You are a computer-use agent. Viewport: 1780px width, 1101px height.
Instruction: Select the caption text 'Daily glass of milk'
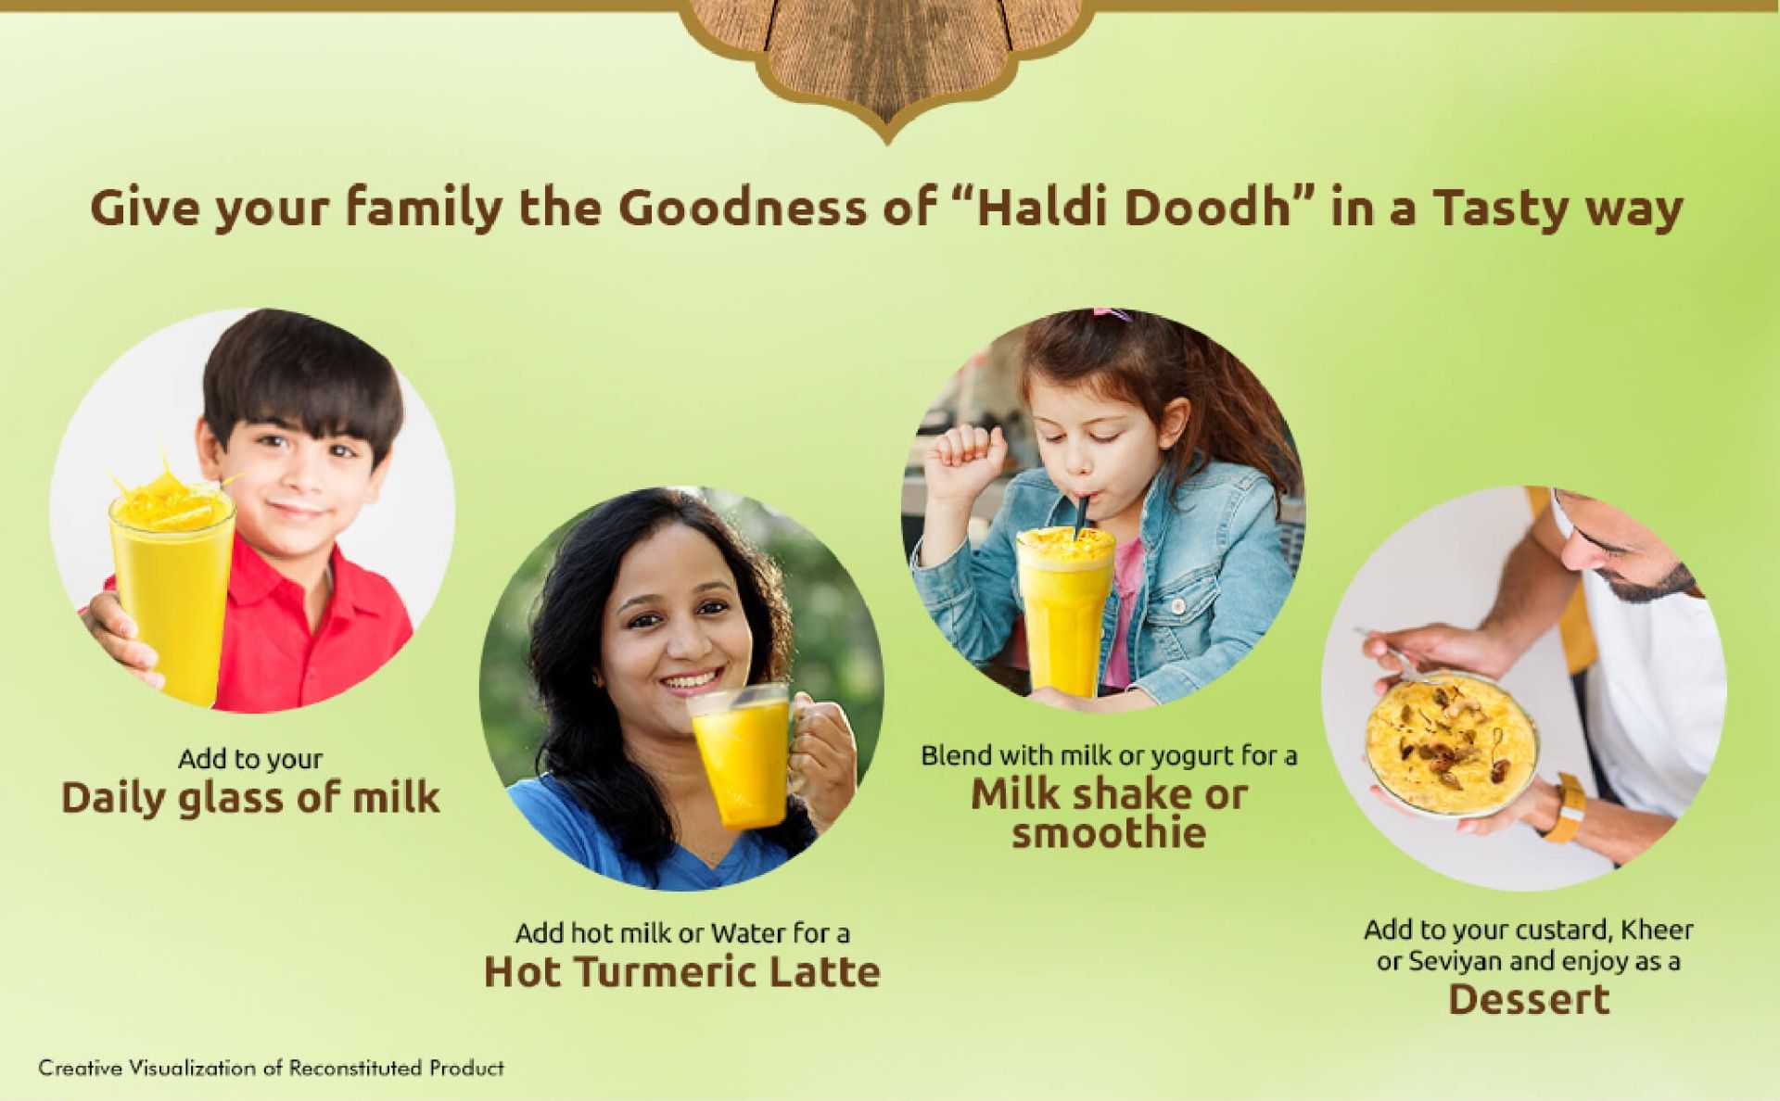point(250,798)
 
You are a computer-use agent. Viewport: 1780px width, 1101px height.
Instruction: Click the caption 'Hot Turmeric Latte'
point(682,971)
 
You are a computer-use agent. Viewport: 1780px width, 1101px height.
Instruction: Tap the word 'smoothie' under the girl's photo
point(1109,832)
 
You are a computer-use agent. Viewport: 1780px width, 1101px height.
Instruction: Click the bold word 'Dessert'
point(1529,999)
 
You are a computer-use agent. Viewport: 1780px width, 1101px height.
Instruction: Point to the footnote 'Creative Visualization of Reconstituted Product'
point(271,1068)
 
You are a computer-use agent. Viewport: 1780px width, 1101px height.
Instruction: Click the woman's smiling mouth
point(691,682)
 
